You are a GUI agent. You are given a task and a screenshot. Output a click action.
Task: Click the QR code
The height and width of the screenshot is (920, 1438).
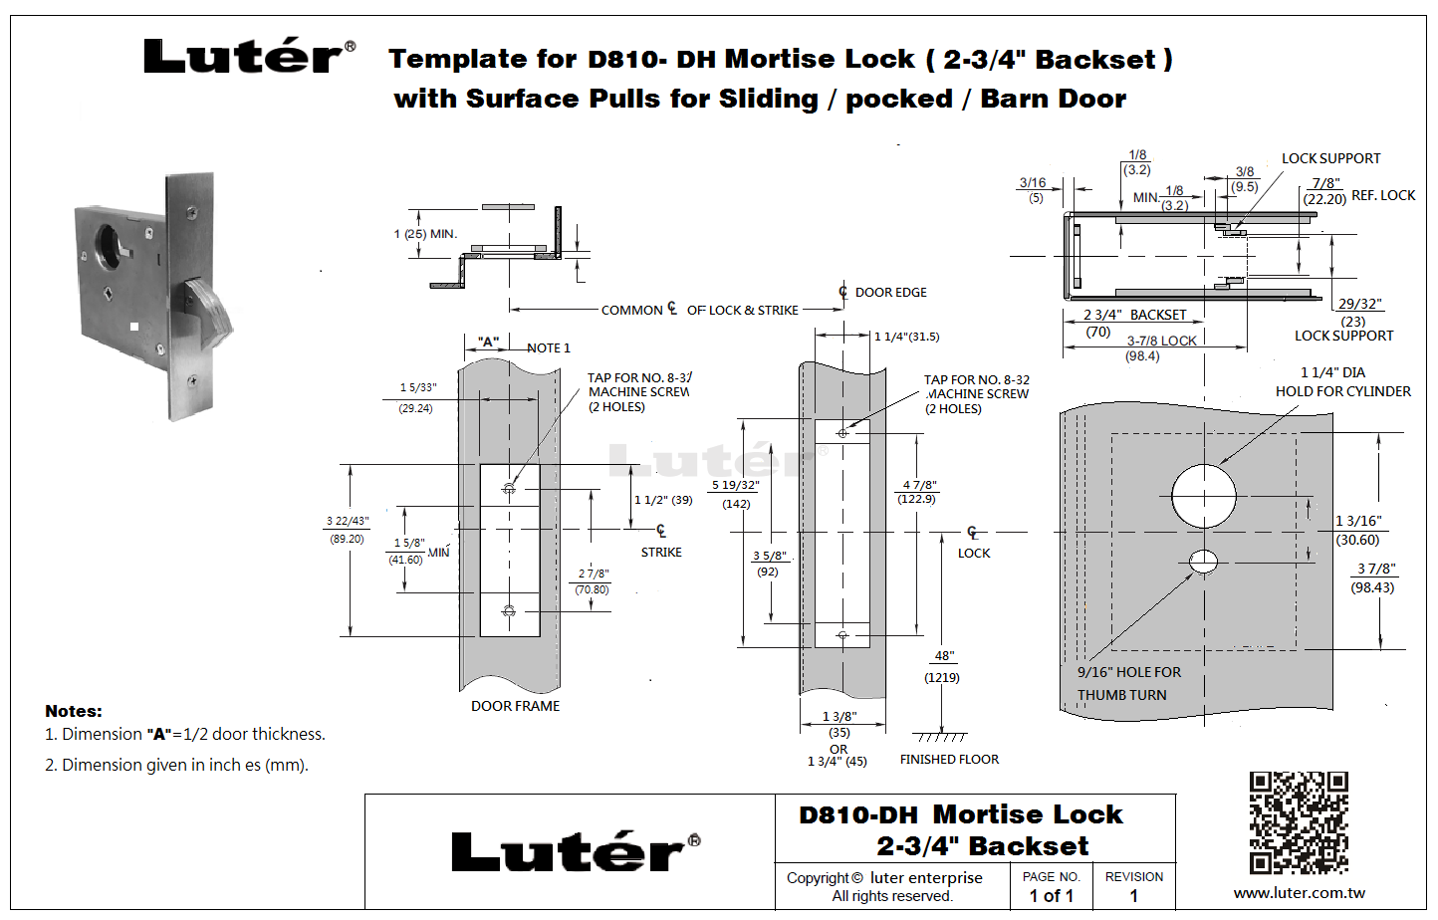coord(1299,822)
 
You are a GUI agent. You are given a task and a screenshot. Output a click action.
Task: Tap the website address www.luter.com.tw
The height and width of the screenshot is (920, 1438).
coord(1299,893)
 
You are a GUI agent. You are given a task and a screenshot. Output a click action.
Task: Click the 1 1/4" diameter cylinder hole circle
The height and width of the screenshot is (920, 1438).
coord(1203,495)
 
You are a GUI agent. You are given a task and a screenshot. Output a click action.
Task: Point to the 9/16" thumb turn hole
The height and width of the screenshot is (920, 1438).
coord(1203,562)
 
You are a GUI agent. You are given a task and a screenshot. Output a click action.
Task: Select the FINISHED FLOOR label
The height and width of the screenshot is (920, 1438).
coord(949,760)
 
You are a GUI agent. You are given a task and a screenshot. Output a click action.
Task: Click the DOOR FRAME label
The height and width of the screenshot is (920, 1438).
coord(515,706)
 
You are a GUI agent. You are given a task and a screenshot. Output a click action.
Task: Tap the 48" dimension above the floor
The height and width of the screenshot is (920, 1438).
coord(943,656)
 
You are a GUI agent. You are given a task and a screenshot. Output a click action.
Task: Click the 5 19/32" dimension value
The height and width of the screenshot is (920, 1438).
coord(735,485)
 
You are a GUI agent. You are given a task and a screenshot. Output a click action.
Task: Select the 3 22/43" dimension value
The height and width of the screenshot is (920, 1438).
coord(347,521)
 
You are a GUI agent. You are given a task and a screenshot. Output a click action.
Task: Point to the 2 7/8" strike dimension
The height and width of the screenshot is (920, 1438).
coord(594,574)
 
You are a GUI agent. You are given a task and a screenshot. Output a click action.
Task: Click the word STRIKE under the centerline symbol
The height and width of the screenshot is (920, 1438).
coord(661,553)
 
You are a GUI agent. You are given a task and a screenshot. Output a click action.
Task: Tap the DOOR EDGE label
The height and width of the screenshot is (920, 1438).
coord(890,293)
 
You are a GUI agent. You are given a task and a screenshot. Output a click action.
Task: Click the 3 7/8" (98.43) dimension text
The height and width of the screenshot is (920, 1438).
coord(1375,569)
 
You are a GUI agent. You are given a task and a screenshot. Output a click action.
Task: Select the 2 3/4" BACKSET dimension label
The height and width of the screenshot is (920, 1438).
coord(1135,315)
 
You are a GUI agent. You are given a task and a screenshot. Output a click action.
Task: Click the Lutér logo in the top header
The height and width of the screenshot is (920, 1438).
coord(248,57)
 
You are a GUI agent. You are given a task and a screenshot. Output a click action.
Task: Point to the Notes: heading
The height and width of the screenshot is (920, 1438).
coord(74,711)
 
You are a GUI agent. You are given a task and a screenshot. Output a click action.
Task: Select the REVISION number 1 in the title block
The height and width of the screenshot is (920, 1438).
coord(1133,896)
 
